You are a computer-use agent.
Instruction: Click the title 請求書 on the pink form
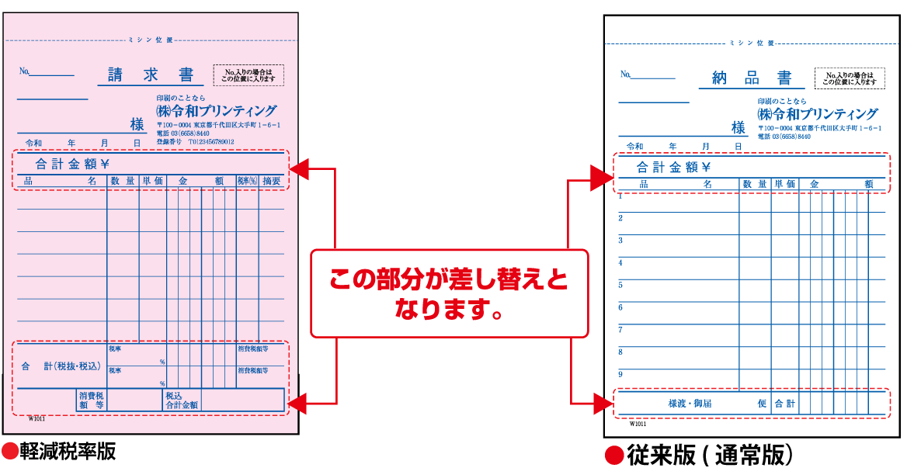coord(151,75)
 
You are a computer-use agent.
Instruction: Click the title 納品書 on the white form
coord(752,78)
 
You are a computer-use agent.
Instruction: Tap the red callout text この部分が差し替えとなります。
coord(449,293)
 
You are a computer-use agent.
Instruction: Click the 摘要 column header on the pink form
coord(272,181)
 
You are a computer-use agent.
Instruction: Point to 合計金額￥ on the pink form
coord(72,164)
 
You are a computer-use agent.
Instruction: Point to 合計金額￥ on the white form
coord(673,167)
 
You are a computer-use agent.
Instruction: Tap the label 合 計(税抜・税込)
coord(61,366)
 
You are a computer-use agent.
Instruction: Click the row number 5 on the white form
coord(620,285)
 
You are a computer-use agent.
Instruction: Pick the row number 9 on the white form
coord(620,374)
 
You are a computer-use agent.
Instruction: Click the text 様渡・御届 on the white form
coord(690,404)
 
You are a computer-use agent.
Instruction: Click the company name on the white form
coord(818,113)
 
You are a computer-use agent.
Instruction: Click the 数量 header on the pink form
coord(123,181)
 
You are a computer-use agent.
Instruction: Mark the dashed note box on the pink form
coord(248,75)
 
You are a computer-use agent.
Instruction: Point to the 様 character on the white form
coord(739,128)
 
